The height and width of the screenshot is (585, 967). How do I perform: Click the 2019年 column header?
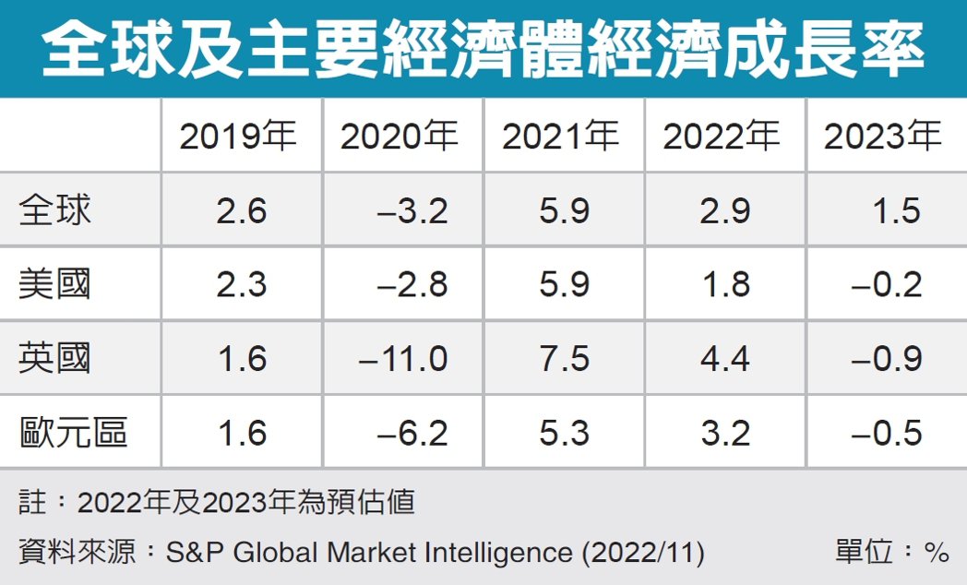point(238,137)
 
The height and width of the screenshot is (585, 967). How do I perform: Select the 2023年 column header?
point(882,137)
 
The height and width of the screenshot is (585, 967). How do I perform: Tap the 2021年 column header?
point(561,137)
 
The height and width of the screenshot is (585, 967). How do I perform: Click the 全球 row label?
point(55,210)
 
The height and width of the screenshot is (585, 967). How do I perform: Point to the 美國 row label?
point(55,283)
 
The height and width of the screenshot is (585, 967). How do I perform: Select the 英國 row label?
point(55,357)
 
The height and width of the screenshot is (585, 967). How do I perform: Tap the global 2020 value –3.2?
point(412,211)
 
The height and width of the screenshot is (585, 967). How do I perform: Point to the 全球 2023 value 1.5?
point(896,211)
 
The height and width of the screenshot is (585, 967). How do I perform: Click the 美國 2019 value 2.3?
point(242,284)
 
